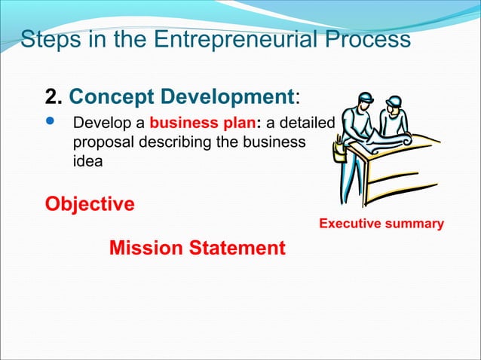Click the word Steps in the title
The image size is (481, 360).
click(x=47, y=39)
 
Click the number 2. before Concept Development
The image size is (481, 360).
click(x=54, y=96)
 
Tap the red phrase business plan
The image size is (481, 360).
click(x=203, y=123)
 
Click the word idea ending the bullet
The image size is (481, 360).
click(x=85, y=160)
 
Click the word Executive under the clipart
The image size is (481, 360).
click(x=352, y=224)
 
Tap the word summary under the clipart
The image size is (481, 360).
click(x=415, y=224)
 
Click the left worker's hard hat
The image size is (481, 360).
click(x=366, y=98)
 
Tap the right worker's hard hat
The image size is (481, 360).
click(x=394, y=100)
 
